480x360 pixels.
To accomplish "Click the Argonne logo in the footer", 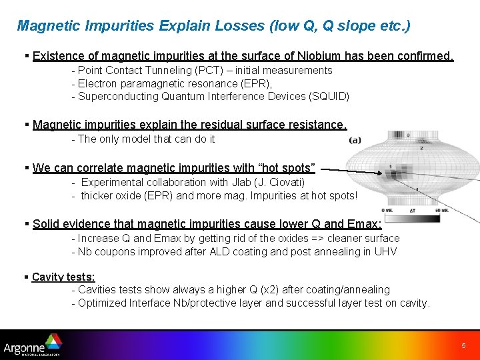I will pos(32,347).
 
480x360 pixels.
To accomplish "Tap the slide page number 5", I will pos(463,346).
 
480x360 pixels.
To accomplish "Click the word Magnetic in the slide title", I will pos(44,26).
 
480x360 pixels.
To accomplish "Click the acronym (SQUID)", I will pos(329,96).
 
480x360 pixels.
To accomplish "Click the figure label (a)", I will pos(355,140).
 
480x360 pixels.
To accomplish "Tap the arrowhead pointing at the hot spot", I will pos(385,175).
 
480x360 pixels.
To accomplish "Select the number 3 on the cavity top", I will pos(407,135).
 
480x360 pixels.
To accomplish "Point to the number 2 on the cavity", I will pos(421,147).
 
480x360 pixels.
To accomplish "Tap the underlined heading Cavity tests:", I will pos(63,277).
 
